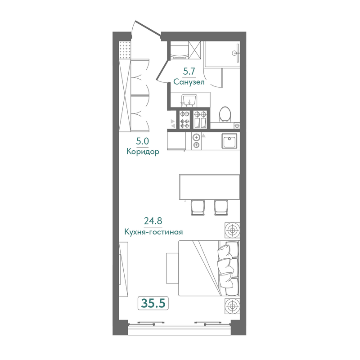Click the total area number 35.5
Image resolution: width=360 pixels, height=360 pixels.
153,303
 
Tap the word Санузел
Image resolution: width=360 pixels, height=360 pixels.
189,82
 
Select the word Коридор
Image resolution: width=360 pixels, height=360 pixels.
143,152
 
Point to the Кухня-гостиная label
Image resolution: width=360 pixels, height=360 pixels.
153,232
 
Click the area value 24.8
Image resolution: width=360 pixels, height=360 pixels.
153,220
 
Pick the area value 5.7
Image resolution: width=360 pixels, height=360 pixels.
189,72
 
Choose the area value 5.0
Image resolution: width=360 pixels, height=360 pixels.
143,141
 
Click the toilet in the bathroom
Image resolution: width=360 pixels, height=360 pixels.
225,114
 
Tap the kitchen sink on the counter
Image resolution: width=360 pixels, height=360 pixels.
229,141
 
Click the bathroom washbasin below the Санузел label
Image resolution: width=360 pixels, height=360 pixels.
189,101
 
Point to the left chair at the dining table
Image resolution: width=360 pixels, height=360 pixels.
198,207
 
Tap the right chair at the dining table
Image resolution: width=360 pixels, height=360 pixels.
221,207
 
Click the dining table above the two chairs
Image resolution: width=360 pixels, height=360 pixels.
209,187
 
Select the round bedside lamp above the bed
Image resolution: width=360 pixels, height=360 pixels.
232,230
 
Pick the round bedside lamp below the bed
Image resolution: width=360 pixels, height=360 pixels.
232,306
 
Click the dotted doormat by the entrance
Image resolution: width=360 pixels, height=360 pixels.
125,50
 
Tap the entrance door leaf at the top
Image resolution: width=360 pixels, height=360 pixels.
148,28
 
